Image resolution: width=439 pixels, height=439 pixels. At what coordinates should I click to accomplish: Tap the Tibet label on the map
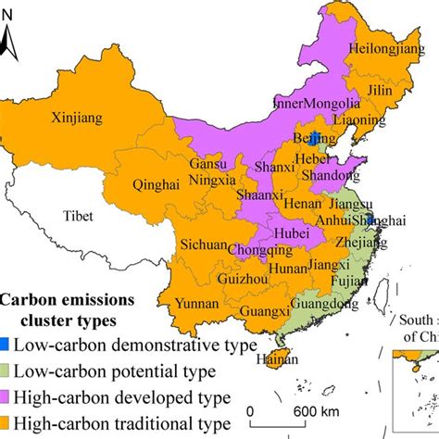click(83, 216)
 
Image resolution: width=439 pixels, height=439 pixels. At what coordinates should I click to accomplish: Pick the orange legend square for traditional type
click(6, 422)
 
